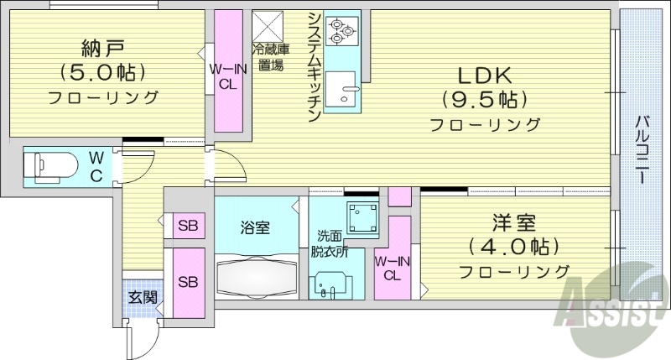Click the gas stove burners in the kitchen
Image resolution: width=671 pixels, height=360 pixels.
coord(343,31)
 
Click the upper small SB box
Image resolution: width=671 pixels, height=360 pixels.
coord(187,226)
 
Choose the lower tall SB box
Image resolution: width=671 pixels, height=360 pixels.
coord(188,281)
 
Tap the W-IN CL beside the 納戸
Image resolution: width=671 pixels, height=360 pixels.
coord(227,74)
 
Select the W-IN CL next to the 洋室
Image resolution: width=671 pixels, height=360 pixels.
coord(392,267)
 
